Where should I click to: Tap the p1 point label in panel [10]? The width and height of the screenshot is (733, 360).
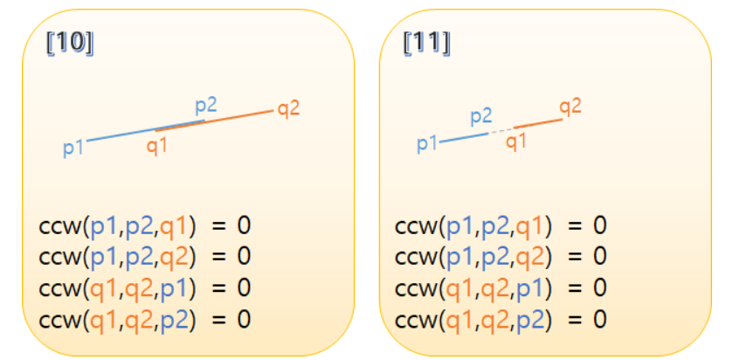pos(73,148)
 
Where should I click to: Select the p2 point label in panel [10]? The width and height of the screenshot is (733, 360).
pos(206,105)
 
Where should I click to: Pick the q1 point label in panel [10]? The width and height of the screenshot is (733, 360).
pos(157,146)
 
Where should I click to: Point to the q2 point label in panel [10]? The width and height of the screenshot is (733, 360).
pos(289,109)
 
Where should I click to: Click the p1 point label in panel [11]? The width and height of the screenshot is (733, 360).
pos(427,142)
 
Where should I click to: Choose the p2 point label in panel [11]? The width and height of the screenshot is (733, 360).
pos(481,115)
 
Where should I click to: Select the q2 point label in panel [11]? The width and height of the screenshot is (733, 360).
pos(570,107)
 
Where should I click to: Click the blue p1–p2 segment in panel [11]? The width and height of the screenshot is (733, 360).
pos(463,137)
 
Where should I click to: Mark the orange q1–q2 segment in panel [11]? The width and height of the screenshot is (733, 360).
pos(537,123)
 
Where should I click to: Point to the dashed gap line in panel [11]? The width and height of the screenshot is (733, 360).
pos(501,130)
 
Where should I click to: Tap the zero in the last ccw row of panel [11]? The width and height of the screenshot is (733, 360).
pos(600,319)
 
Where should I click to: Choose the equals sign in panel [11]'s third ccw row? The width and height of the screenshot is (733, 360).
pos(575,288)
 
